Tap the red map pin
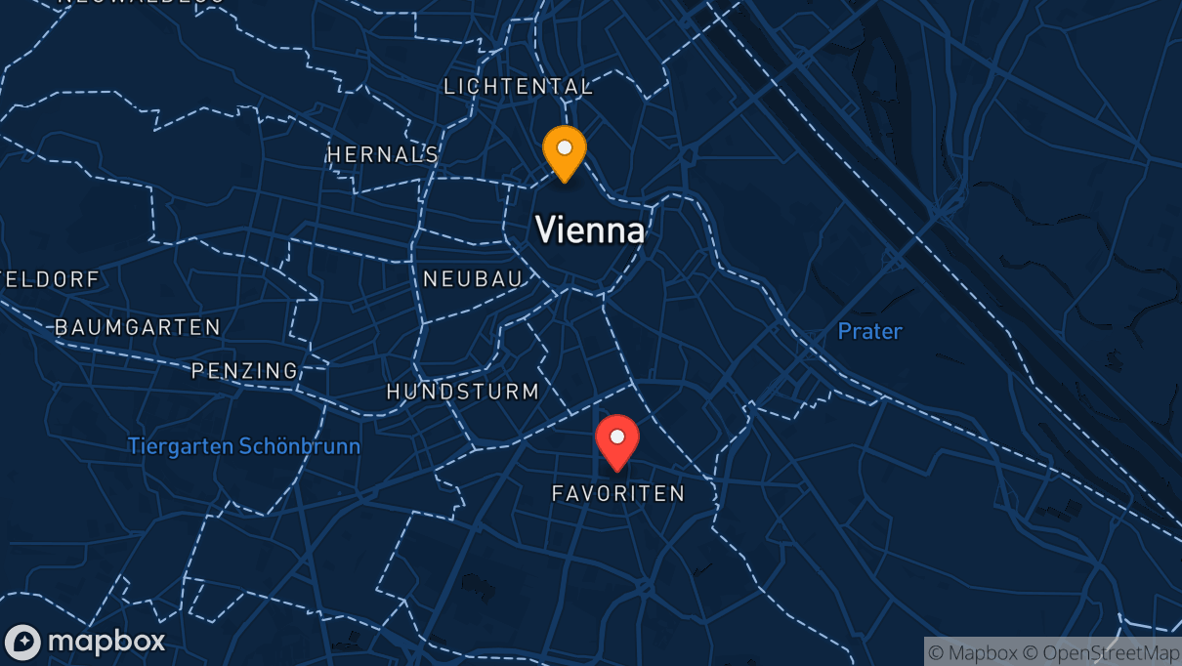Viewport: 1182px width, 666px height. click(617, 440)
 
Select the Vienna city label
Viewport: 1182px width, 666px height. click(590, 230)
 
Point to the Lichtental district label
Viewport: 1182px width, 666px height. click(518, 87)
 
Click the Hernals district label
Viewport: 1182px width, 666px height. click(383, 154)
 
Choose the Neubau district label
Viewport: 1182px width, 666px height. click(473, 279)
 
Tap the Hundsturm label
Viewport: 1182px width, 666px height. click(463, 392)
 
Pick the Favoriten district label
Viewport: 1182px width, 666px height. click(618, 494)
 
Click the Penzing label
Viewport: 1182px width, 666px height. click(244, 371)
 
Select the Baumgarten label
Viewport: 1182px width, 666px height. click(138, 327)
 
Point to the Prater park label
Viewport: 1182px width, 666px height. click(869, 332)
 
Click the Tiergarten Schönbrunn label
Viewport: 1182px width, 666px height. click(244, 447)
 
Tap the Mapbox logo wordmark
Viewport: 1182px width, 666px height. click(106, 642)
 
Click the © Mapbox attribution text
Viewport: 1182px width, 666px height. click(971, 652)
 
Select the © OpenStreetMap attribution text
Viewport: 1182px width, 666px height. click(1101, 652)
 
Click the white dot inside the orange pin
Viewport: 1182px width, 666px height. click(565, 147)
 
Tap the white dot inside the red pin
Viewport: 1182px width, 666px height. click(617, 436)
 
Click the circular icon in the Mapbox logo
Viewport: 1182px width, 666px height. click(22, 643)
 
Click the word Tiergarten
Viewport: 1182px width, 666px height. click(182, 447)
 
